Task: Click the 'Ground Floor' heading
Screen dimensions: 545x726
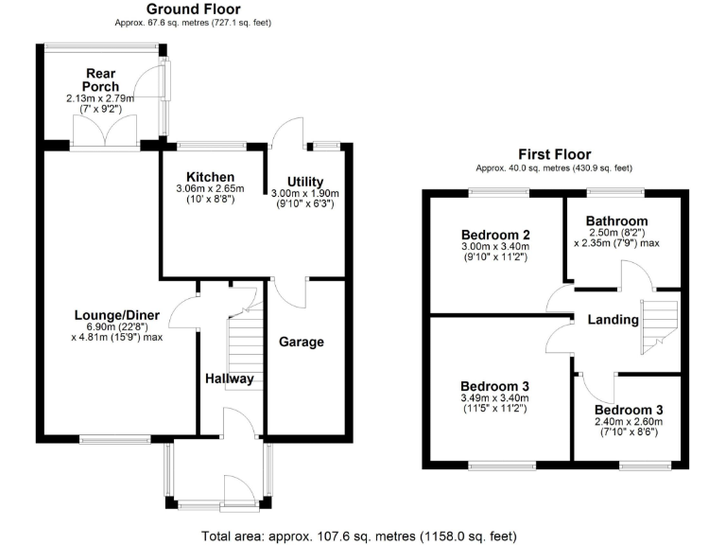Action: pyautogui.click(x=193, y=9)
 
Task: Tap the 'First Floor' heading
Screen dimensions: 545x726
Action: pyautogui.click(x=554, y=154)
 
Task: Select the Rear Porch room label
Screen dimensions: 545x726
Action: pyautogui.click(x=101, y=79)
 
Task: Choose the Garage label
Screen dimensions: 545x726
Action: pyautogui.click(x=302, y=342)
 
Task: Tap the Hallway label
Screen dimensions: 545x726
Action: pyautogui.click(x=230, y=378)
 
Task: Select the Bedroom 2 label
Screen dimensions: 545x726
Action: pyautogui.click(x=494, y=235)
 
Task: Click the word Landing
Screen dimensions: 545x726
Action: pyautogui.click(x=613, y=320)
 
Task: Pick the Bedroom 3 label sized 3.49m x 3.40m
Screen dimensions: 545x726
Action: pyautogui.click(x=493, y=386)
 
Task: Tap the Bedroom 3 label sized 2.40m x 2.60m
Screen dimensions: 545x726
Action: pyautogui.click(x=629, y=409)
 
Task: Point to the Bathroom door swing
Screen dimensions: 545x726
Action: pyautogui.click(x=635, y=277)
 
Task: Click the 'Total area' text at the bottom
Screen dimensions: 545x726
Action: pyautogui.click(x=359, y=536)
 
